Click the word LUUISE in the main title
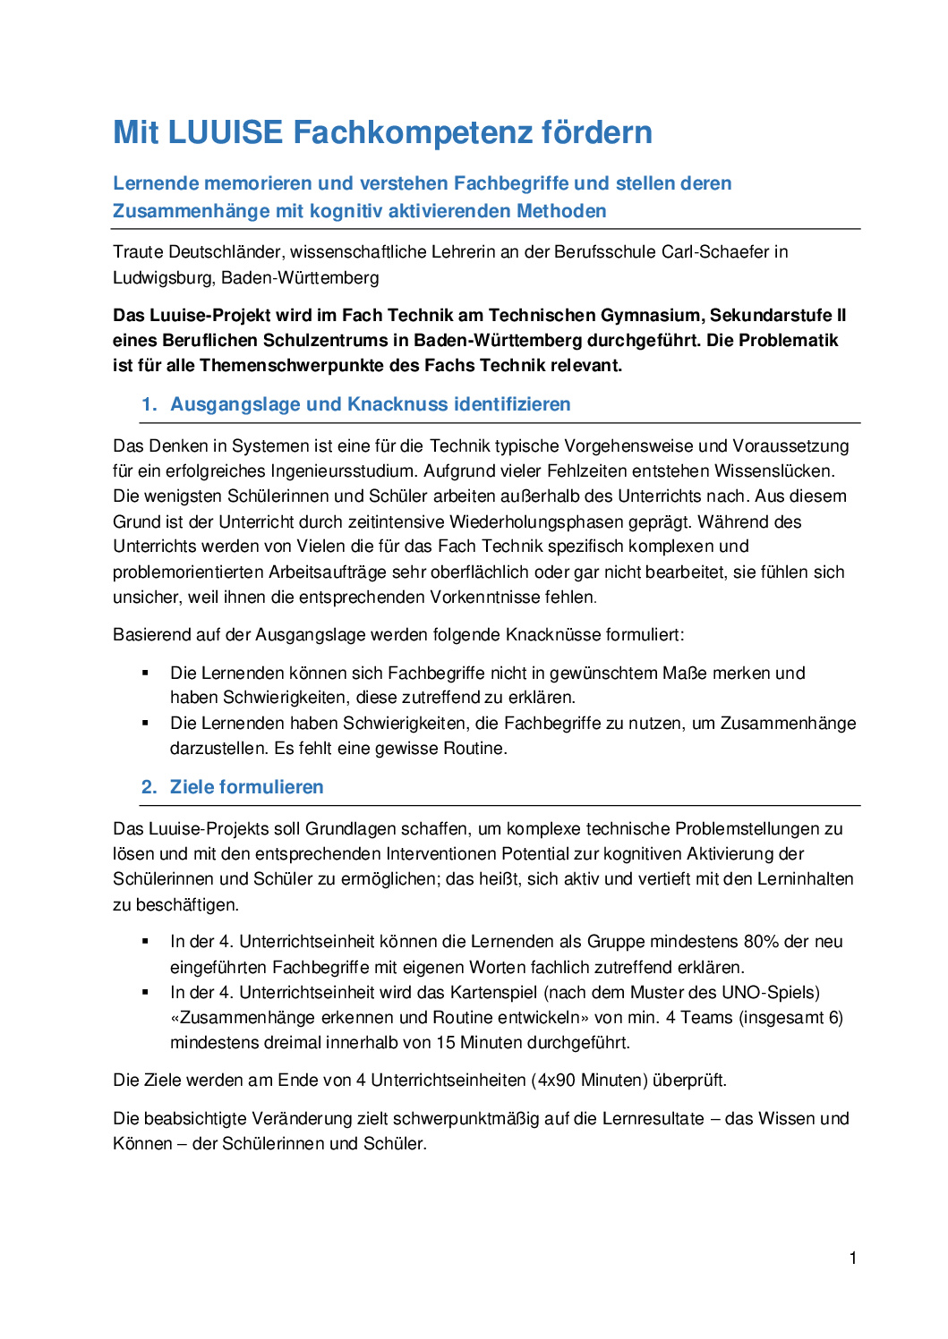pyautogui.click(x=225, y=132)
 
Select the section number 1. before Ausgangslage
pyautogui.click(x=149, y=404)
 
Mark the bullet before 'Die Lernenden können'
pyautogui.click(x=145, y=673)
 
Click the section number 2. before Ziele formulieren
pyautogui.click(x=149, y=787)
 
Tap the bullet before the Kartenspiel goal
pyautogui.click(x=145, y=992)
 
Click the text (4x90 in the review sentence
pyautogui.click(x=554, y=1080)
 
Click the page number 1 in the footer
pyautogui.click(x=853, y=1258)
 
